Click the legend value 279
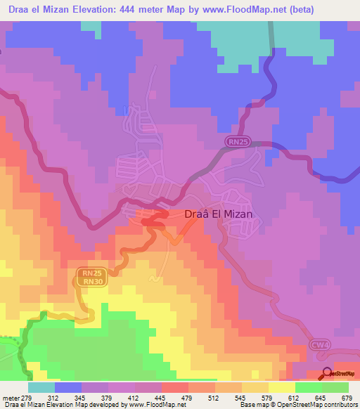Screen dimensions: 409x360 coord(29,397)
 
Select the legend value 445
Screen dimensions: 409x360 coord(161,397)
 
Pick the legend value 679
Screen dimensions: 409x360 coord(347,397)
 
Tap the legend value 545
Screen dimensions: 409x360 coord(241,397)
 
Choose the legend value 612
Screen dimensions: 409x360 coord(294,397)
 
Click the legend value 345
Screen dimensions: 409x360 coord(82,397)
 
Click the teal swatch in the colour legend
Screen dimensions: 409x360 coord(41,387)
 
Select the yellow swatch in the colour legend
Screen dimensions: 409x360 coord(282,387)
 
